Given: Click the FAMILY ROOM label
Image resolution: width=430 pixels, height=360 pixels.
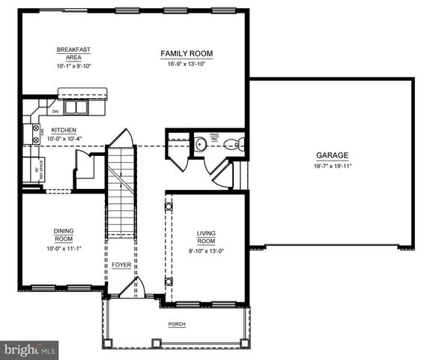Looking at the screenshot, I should click(187, 53).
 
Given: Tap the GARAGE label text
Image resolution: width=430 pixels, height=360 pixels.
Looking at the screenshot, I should click(331, 155).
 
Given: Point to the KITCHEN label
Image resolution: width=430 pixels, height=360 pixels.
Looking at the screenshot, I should click(64, 130).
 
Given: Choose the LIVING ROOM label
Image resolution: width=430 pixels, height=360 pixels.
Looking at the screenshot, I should click(206, 238).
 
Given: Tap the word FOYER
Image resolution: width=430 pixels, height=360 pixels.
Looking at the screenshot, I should click(121, 265).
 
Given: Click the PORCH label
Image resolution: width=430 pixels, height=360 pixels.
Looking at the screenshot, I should click(177, 324).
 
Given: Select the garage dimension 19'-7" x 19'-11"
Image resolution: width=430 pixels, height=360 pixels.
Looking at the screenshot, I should click(331, 166).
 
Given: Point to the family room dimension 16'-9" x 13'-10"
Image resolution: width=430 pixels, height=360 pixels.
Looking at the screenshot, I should click(187, 63).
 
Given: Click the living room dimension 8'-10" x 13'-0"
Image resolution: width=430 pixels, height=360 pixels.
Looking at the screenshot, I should click(206, 251).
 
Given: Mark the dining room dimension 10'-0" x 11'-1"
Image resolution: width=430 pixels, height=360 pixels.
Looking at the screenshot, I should click(63, 247).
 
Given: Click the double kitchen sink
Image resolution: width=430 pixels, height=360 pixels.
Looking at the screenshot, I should click(76, 107).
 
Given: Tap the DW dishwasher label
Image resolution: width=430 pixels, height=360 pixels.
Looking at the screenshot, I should click(55, 112).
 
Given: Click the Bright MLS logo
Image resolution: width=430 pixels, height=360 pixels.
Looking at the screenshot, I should click(31, 349).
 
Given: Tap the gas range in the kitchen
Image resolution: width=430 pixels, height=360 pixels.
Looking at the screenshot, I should click(35, 133).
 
